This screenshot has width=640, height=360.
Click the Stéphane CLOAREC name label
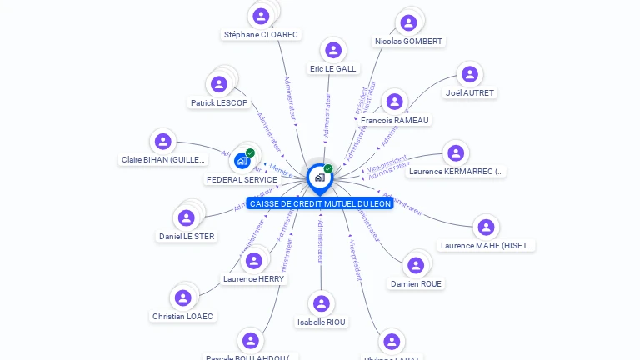[x=261, y=35]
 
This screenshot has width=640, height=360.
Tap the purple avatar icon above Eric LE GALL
[x=333, y=50]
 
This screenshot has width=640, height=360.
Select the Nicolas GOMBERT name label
[x=409, y=42]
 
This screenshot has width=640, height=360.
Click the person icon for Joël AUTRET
[x=470, y=74]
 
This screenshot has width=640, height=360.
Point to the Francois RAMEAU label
[x=395, y=121]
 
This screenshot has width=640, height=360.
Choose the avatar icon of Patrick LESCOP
[x=219, y=84]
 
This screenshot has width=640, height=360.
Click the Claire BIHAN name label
[x=163, y=160]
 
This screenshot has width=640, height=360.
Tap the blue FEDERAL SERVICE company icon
[x=242, y=160]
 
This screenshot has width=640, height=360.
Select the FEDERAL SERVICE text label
[x=242, y=180]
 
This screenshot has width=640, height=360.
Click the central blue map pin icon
[x=319, y=177]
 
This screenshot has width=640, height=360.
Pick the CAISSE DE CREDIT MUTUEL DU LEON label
[x=320, y=203]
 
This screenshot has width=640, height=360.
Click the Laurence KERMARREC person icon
[x=455, y=153]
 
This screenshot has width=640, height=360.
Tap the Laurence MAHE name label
[x=487, y=246]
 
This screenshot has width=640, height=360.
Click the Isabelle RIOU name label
[x=322, y=322]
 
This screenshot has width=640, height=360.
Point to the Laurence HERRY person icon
[x=253, y=261]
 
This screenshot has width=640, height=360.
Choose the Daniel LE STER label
[x=187, y=237]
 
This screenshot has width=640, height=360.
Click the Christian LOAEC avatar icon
[x=181, y=297]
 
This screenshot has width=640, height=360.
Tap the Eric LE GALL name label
[x=333, y=69]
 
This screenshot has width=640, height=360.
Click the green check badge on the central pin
[x=328, y=168]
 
